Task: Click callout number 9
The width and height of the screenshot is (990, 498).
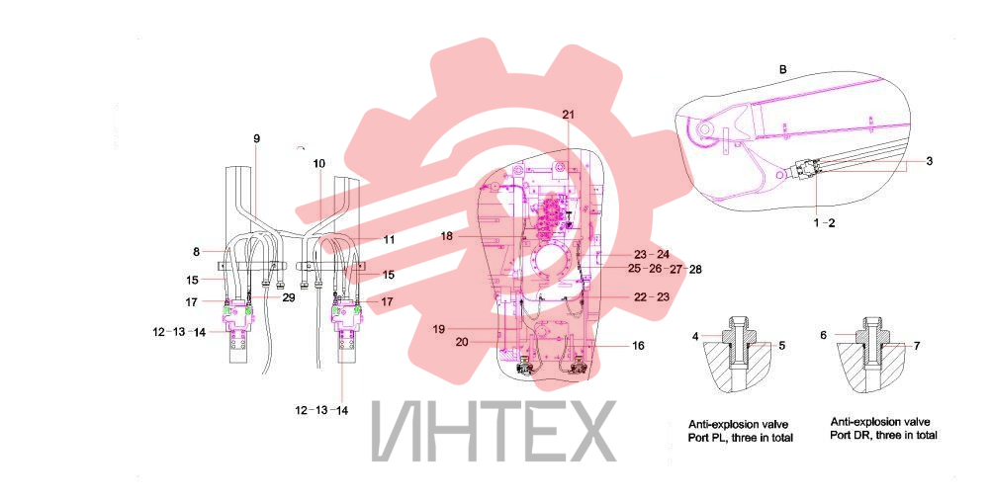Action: click(x=256, y=138)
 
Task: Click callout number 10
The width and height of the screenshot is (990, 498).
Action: click(x=318, y=163)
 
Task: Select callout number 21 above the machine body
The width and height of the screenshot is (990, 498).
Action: click(x=569, y=115)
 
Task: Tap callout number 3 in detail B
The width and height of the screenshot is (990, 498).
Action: click(x=930, y=161)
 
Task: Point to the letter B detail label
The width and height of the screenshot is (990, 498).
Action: click(x=783, y=69)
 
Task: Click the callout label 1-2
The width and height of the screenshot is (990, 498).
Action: click(x=824, y=222)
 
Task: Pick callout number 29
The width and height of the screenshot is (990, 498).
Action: click(x=289, y=297)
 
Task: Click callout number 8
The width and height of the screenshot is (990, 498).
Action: click(x=197, y=252)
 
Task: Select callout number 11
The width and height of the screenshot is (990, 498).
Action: click(x=389, y=240)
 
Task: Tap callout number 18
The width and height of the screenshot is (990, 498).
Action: click(x=446, y=236)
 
